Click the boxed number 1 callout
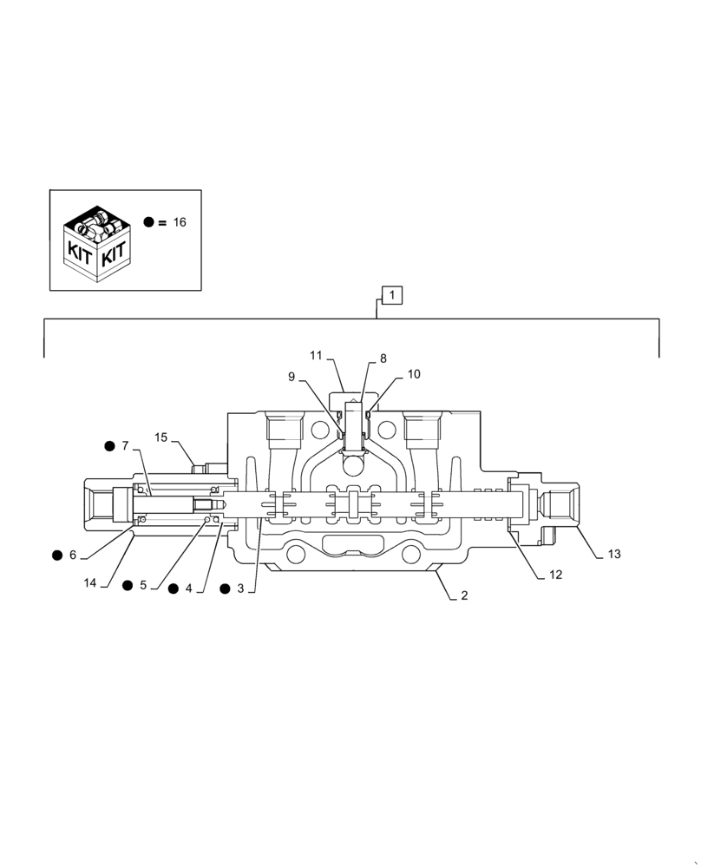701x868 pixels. pyautogui.click(x=392, y=296)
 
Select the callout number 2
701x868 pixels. pyautogui.click(x=464, y=595)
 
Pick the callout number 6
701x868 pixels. pyautogui.click(x=73, y=555)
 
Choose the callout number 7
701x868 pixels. pyautogui.click(x=125, y=446)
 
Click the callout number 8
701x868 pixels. pyautogui.click(x=383, y=358)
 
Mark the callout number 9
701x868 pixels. pyautogui.click(x=292, y=376)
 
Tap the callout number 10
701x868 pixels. pyautogui.click(x=414, y=374)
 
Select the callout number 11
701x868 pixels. pyautogui.click(x=316, y=355)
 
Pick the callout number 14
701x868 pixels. pyautogui.click(x=90, y=583)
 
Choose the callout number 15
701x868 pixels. pyautogui.click(x=161, y=437)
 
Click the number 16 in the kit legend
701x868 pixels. pyautogui.click(x=179, y=222)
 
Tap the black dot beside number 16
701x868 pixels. pyautogui.click(x=149, y=223)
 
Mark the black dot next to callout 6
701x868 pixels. pyautogui.click(x=56, y=555)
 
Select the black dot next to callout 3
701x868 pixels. pyautogui.click(x=226, y=588)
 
